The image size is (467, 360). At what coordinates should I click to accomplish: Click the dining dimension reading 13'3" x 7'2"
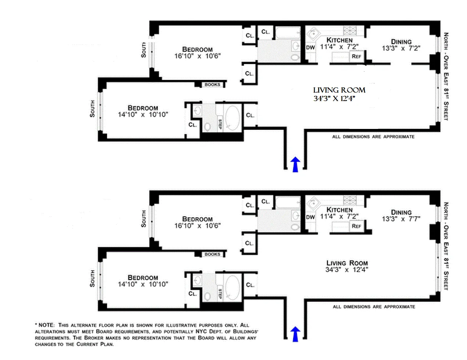[x=401, y=48]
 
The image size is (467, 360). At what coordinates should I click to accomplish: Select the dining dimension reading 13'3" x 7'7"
[x=401, y=219]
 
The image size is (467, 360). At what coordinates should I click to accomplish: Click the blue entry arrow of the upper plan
[x=295, y=164]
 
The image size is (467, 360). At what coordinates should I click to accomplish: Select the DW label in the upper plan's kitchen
[x=310, y=47]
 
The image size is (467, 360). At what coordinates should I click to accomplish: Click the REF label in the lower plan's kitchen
[x=356, y=226]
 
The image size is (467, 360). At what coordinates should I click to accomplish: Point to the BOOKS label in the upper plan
[x=212, y=84]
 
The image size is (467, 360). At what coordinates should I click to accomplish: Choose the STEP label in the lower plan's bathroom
[x=220, y=294]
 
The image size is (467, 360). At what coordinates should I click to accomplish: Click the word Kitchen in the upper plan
[x=339, y=40]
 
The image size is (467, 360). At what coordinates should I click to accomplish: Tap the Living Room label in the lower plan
[x=347, y=263]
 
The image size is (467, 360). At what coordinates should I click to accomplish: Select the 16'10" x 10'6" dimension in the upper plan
[x=197, y=56]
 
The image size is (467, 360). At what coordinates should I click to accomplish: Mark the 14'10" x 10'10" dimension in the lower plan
[x=143, y=284]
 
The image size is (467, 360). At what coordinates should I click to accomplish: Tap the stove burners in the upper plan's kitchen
[x=348, y=30]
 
